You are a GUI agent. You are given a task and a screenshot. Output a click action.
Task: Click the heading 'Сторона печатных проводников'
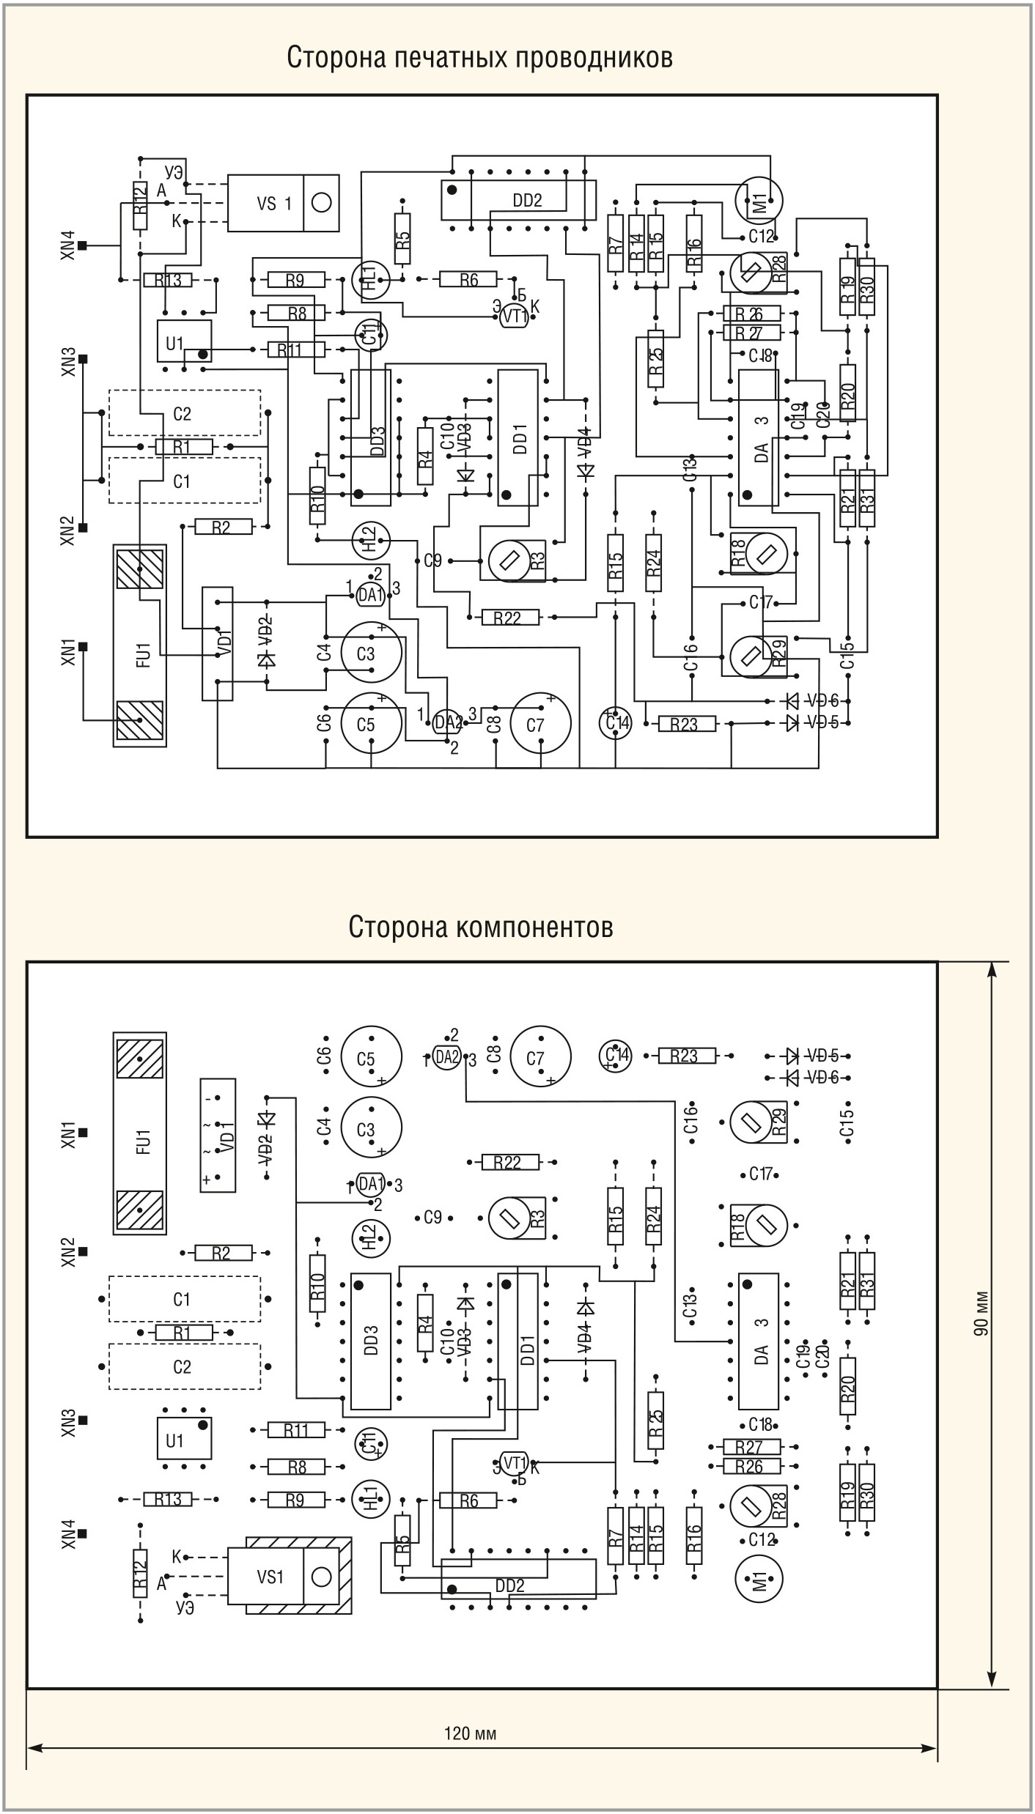479,57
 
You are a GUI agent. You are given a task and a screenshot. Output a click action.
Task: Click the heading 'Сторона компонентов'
480,926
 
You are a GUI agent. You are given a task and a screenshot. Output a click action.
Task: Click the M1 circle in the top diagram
759,198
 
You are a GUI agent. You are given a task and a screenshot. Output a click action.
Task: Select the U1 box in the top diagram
184,341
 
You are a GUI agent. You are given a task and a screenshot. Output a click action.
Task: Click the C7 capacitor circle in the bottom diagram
540,1057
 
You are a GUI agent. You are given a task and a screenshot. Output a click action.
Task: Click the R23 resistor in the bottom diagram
684,1056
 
